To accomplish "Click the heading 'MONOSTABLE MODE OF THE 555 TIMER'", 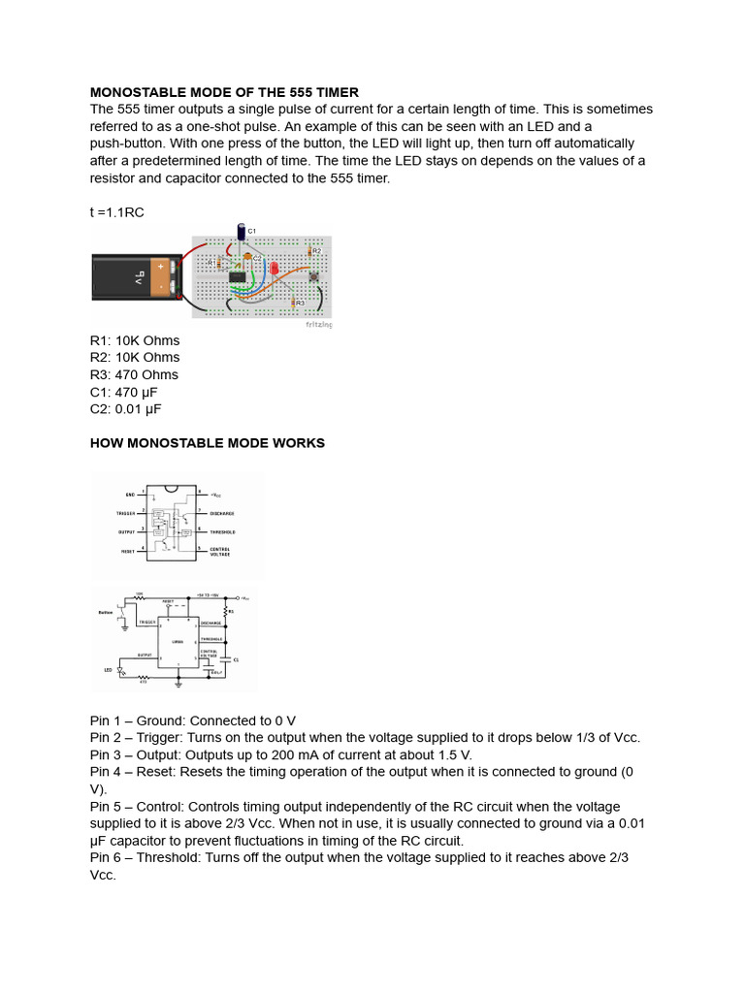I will tap(224, 92).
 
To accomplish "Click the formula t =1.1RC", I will tap(116, 212).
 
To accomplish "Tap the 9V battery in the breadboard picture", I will tap(137, 276).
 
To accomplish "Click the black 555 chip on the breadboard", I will tap(237, 277).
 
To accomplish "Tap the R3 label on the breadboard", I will tap(300, 304).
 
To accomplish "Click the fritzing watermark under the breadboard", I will tap(318, 325).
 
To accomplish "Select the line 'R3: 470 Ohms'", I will tap(134, 374).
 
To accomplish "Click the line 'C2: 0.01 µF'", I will tap(126, 409).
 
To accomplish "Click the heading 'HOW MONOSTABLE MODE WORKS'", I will tap(208, 443).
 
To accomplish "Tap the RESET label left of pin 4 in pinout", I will tap(127, 550).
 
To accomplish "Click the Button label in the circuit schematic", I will tap(107, 612).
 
